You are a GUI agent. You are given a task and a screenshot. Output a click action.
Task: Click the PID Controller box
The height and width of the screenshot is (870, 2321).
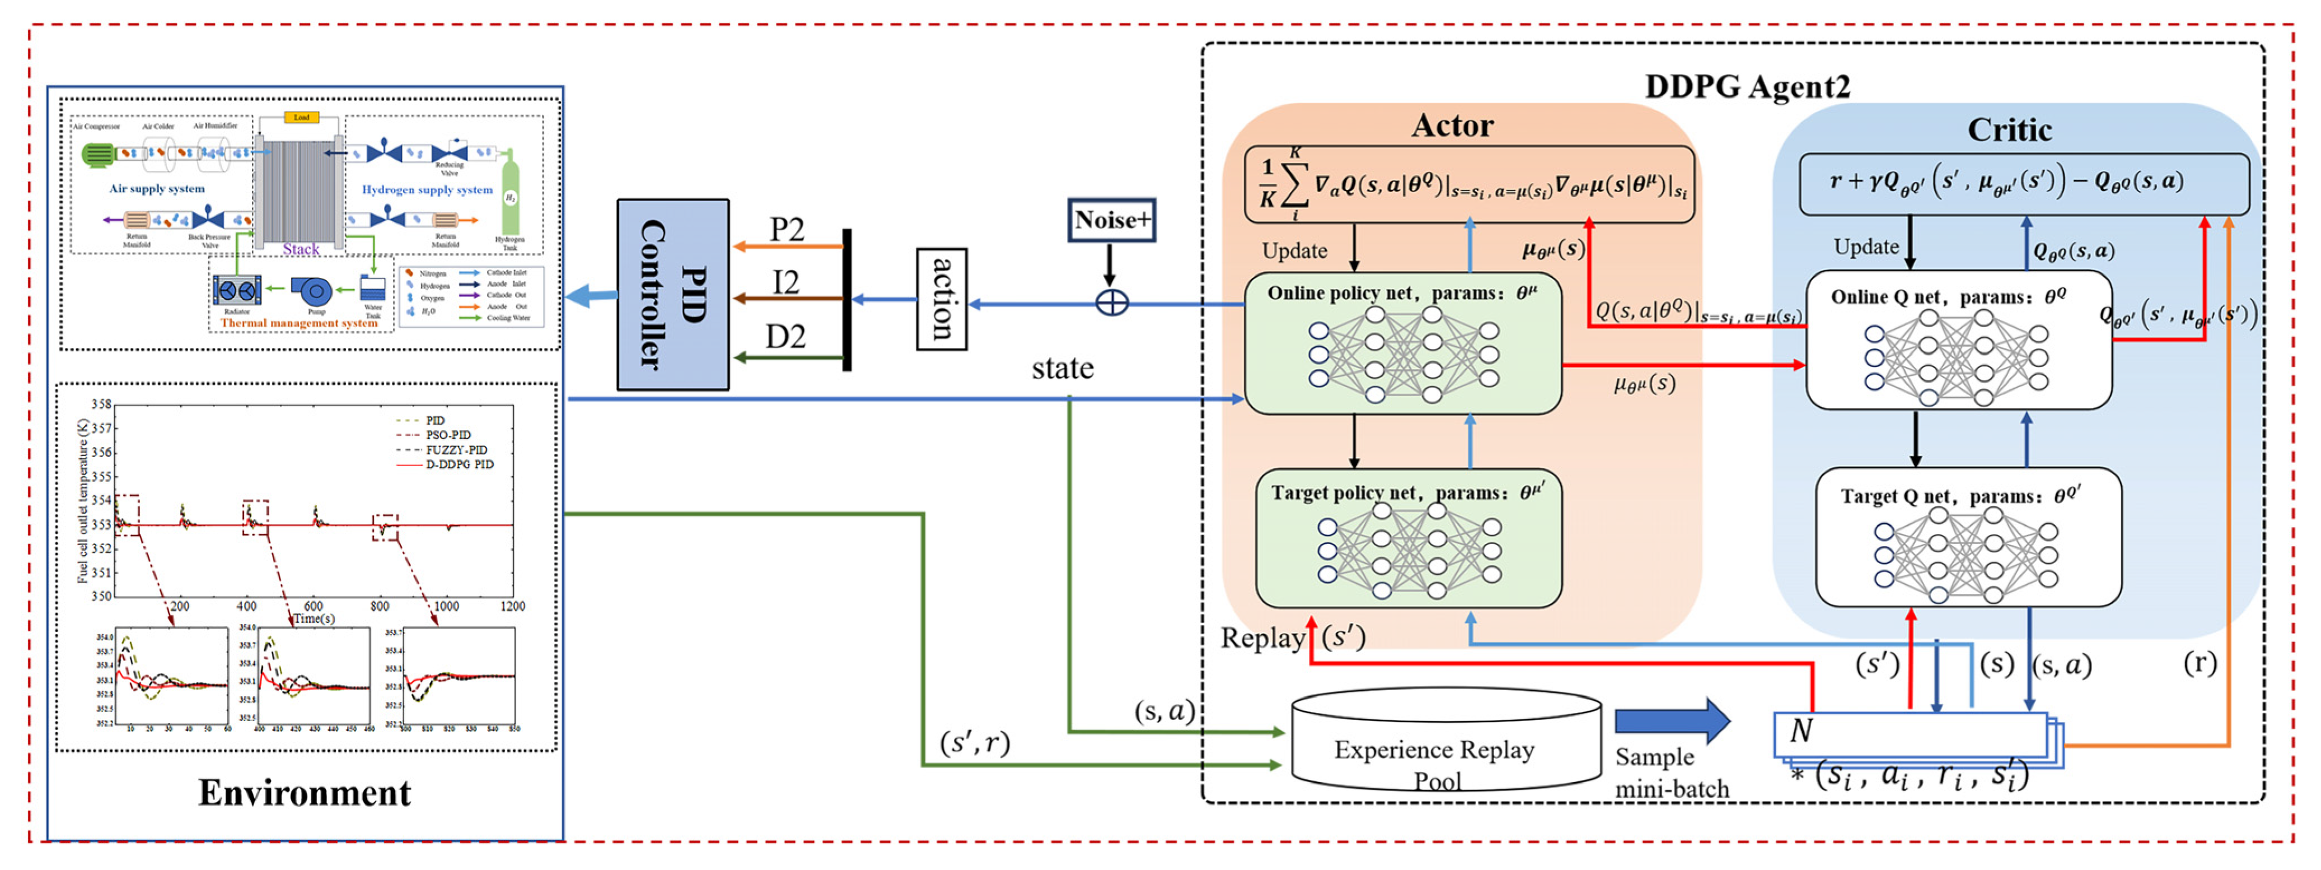click(672, 295)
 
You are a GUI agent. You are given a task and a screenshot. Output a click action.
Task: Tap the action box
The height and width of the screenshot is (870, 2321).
click(942, 299)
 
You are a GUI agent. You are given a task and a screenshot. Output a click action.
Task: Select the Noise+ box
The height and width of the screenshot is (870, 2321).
click(1111, 220)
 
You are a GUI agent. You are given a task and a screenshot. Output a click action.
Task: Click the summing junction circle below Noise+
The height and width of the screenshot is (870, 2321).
click(1111, 303)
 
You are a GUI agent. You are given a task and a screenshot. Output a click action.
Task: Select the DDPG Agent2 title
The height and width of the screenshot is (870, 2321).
click(1747, 86)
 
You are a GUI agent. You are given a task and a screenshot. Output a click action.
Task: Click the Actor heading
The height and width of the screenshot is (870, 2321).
click(1452, 125)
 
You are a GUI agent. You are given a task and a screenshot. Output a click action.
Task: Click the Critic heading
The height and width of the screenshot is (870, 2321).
click(2009, 130)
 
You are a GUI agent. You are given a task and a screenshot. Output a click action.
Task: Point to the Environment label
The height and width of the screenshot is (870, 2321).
click(305, 793)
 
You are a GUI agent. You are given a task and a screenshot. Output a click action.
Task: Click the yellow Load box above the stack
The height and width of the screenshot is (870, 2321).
click(301, 117)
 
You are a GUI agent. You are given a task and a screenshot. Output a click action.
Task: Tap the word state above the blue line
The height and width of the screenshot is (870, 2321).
click(1063, 369)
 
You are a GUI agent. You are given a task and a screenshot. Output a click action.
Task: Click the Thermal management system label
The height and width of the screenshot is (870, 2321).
click(298, 323)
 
